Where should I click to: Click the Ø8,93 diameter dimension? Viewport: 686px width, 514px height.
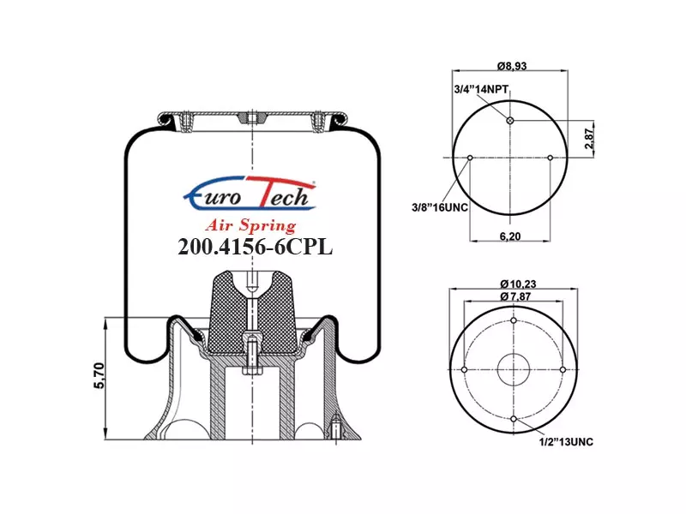(x=511, y=66)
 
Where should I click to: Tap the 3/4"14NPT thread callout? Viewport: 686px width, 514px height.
(x=481, y=90)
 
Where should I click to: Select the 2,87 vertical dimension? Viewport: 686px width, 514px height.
(x=590, y=139)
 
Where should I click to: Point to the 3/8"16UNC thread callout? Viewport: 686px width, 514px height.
(x=440, y=207)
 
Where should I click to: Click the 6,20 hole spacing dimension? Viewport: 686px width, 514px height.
(x=510, y=236)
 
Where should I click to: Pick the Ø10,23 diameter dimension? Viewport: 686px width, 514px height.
(x=518, y=284)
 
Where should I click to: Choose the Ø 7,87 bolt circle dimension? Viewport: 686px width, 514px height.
(x=515, y=296)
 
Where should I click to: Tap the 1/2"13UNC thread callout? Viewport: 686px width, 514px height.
(x=566, y=442)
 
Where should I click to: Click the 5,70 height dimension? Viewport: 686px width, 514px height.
(x=99, y=375)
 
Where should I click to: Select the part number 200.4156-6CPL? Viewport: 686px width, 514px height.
(x=255, y=248)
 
